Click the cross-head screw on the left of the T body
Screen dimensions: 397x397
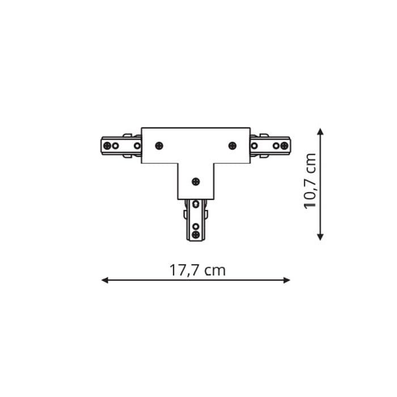(159, 146)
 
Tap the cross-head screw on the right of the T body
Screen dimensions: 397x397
(233, 146)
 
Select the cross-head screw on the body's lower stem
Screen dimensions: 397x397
(196, 181)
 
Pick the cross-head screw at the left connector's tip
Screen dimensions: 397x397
(107, 146)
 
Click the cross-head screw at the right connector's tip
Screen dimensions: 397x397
(284, 146)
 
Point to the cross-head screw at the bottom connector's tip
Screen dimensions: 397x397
(196, 234)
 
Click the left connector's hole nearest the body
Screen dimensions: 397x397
(137, 146)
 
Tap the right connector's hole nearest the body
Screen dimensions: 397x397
(254, 146)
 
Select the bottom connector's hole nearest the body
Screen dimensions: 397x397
(196, 204)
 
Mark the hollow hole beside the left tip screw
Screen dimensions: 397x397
(116, 146)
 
